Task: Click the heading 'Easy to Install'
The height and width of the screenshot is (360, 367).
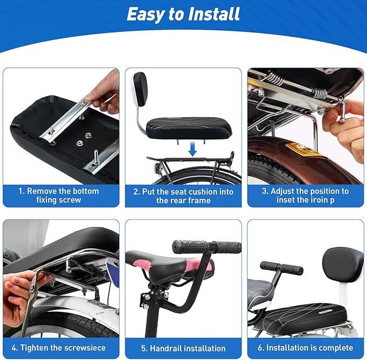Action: [x=183, y=15]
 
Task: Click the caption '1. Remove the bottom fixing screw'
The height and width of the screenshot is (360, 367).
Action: [x=61, y=195]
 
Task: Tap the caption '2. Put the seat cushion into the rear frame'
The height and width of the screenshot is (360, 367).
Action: [x=183, y=196]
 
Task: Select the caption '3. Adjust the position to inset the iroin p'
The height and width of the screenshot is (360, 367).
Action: [x=306, y=195]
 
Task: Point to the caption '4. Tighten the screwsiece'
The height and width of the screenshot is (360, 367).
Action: [x=61, y=348]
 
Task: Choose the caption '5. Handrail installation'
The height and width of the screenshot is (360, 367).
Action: [x=183, y=348]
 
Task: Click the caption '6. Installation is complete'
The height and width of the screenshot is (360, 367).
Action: [x=306, y=348]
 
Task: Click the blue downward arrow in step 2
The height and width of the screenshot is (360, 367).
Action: [x=192, y=149]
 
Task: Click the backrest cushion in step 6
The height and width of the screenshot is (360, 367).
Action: [x=343, y=263]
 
